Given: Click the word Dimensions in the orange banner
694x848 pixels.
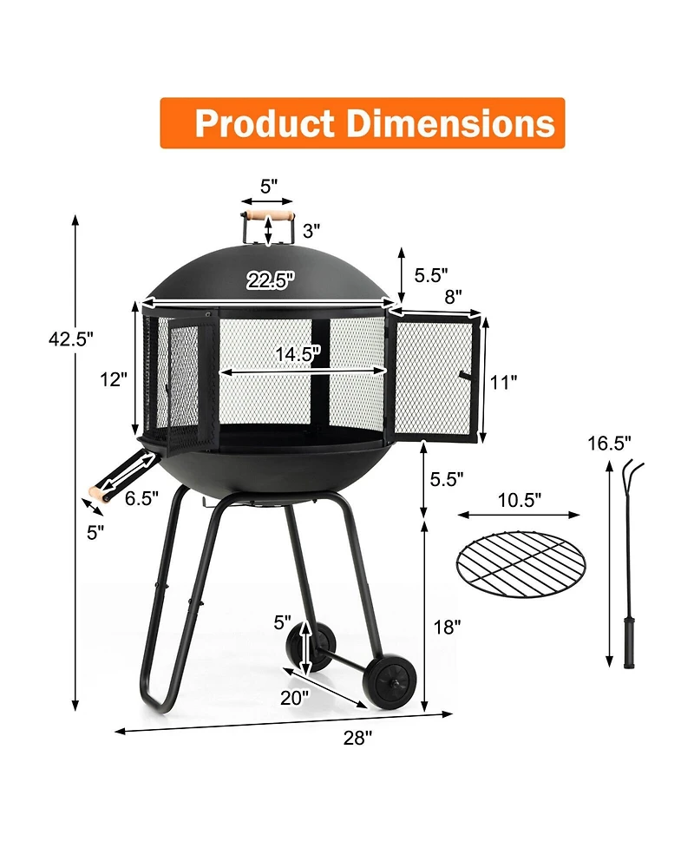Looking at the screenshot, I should click(x=451, y=123).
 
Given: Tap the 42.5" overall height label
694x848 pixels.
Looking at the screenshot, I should click(x=70, y=339).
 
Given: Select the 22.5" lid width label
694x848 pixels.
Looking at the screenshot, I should click(x=270, y=279).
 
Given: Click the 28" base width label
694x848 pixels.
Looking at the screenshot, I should click(x=357, y=738).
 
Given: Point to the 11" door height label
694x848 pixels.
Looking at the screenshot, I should click(x=502, y=380).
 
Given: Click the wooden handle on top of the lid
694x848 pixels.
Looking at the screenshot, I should click(x=268, y=214).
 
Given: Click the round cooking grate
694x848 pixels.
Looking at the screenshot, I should click(x=520, y=567).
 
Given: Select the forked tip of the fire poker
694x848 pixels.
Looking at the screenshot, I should click(x=632, y=475).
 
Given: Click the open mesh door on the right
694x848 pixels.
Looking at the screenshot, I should click(x=434, y=376).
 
